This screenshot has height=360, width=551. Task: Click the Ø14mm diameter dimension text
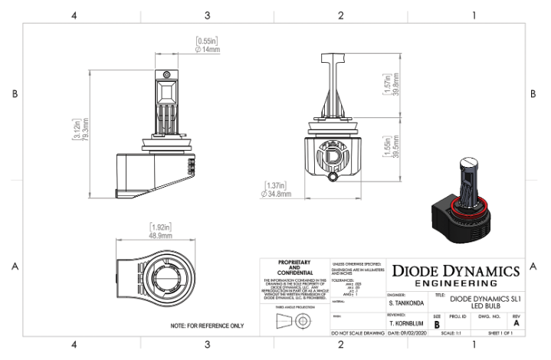pos(208,50)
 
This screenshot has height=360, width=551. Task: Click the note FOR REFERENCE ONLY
pos(206,326)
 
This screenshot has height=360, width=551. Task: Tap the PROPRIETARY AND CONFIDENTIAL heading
pos(294,267)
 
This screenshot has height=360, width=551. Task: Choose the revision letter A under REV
pos(516,324)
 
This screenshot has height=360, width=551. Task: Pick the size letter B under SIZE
pos(437,325)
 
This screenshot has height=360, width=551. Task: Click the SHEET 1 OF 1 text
pos(503,335)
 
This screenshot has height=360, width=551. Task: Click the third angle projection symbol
pos(294,321)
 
